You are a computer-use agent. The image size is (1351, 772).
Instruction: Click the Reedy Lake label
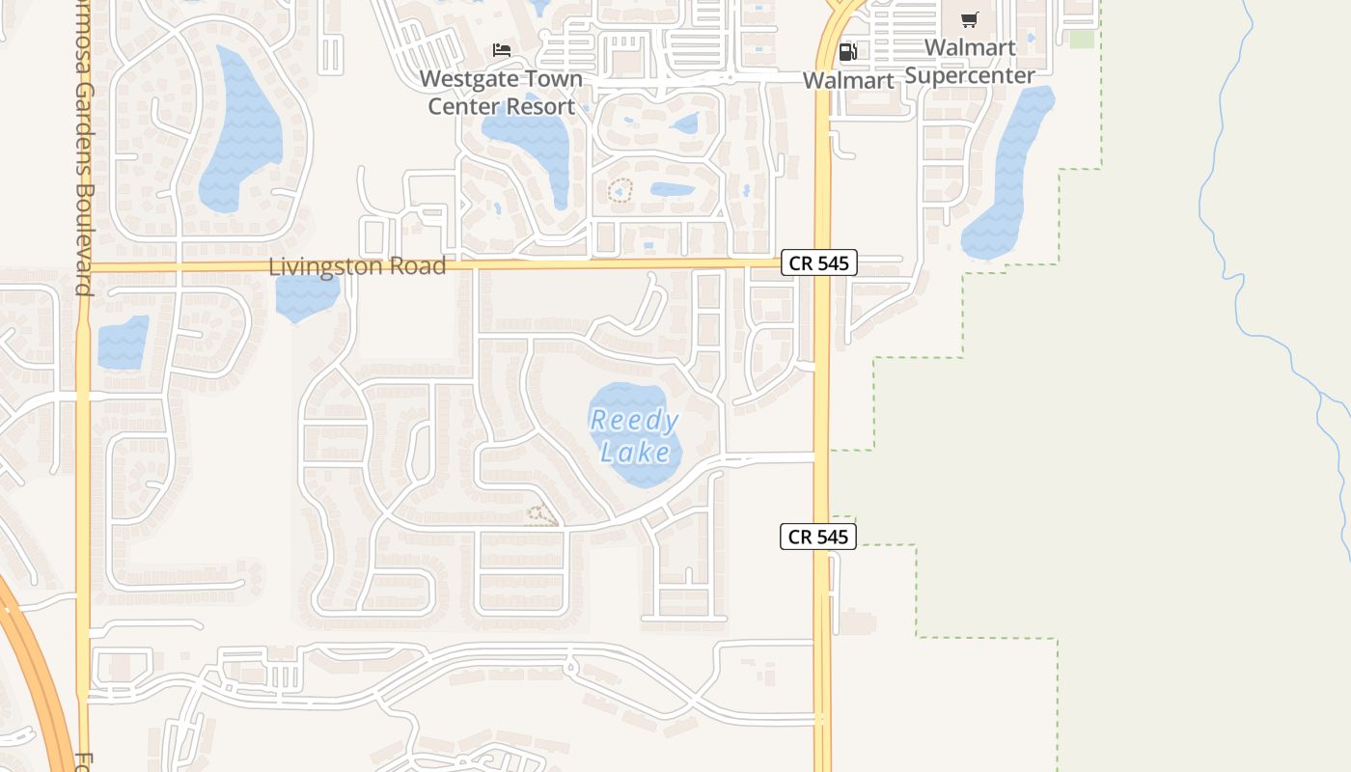635,436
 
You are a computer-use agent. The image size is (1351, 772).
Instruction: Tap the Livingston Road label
357,266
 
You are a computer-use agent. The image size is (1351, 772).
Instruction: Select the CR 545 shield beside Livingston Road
818,262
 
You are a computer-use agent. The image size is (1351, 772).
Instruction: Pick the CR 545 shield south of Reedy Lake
818,537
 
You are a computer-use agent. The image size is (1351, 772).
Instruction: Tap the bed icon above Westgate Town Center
501,49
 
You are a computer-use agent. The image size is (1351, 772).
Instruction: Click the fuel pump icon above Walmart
847,51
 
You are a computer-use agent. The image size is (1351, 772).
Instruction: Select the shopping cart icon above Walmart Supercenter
970,19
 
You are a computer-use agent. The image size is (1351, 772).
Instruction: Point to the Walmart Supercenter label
970,62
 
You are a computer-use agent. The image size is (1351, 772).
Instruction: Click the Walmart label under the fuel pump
848,80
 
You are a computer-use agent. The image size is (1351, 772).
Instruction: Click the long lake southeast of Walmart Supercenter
1008,174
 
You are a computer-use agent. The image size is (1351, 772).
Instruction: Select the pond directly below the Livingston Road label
307,297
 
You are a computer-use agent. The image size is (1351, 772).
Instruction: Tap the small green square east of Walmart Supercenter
1082,39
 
